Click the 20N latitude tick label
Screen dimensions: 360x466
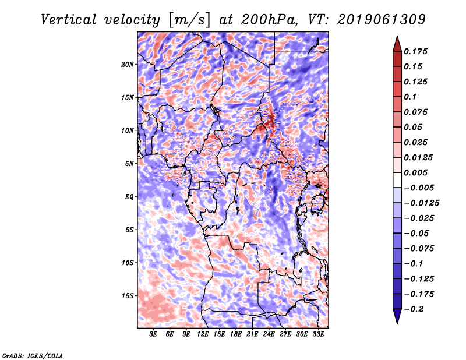(128, 64)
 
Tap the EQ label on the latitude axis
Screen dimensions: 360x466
(129, 197)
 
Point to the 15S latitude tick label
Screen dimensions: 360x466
(128, 296)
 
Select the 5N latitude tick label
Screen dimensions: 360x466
(129, 164)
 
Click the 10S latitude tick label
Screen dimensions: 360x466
(128, 263)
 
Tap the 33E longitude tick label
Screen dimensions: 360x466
(318, 334)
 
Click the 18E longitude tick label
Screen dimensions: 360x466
(235, 334)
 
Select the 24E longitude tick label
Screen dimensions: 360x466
(269, 334)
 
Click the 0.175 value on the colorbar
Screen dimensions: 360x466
(416, 51)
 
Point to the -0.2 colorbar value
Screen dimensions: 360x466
(414, 308)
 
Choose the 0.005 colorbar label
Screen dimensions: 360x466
(416, 172)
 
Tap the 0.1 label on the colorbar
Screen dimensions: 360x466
(410, 97)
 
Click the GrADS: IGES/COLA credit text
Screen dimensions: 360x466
(32, 355)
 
